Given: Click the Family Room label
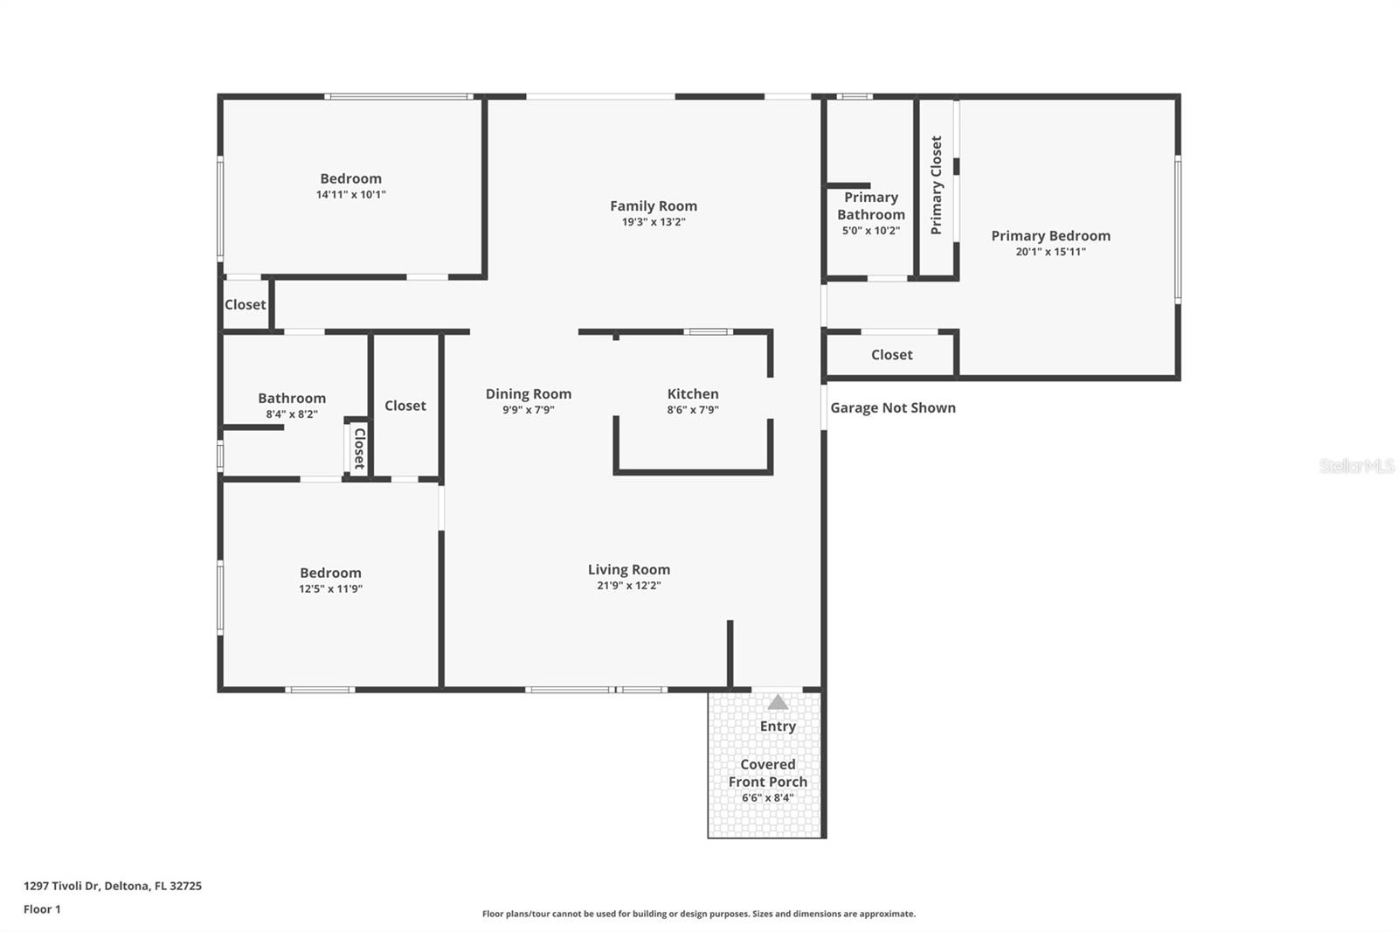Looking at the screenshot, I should click(654, 206).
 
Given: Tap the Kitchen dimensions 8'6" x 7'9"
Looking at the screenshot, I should click(693, 410).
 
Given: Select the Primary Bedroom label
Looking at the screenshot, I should click(1050, 236).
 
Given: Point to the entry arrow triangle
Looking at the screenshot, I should click(778, 702).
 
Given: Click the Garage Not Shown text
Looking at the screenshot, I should click(892, 407).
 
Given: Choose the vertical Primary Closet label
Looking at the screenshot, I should click(937, 184).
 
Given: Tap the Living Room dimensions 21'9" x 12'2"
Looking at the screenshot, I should click(628, 586).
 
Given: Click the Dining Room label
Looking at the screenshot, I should click(529, 394).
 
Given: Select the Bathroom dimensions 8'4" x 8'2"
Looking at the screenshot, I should click(292, 414).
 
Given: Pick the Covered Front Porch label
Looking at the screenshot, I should click(768, 773).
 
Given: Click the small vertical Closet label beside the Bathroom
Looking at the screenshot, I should click(358, 449).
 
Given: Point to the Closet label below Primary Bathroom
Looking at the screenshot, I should click(891, 355).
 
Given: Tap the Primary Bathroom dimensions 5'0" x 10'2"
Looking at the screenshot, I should click(870, 231).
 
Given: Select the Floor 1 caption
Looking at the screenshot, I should click(42, 909).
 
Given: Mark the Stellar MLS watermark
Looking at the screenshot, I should click(1356, 466).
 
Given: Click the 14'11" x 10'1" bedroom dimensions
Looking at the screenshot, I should click(350, 195).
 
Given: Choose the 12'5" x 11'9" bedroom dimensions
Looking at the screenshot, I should click(330, 589).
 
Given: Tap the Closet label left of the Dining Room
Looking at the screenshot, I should click(405, 406).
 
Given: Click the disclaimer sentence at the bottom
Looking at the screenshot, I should click(699, 914).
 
